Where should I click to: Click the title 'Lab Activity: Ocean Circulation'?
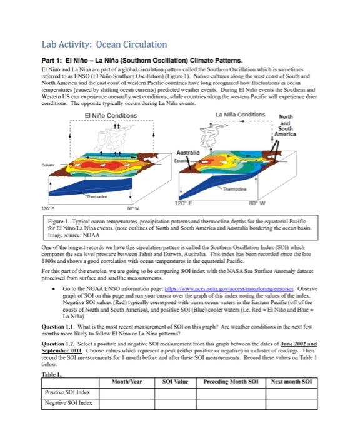coord(104,44)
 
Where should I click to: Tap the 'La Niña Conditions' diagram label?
coord(239,115)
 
